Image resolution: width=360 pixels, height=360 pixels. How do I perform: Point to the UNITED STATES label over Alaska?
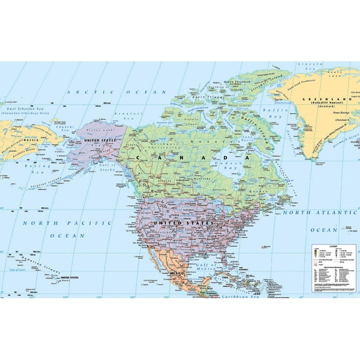click(x=100, y=141)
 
